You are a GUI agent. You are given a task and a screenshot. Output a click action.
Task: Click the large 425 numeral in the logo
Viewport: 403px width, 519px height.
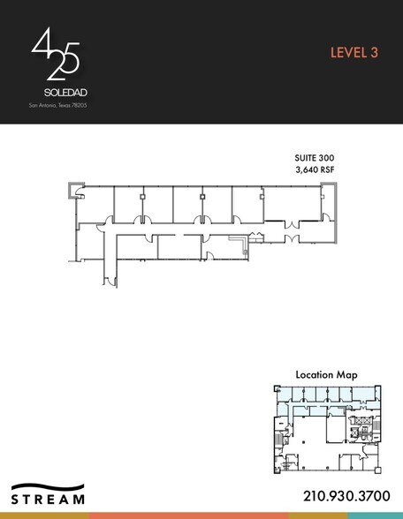click(56, 54)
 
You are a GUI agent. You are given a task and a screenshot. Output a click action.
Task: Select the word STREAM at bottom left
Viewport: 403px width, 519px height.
click(49, 500)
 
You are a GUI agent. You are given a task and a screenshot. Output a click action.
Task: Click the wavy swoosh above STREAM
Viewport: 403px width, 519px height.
click(49, 485)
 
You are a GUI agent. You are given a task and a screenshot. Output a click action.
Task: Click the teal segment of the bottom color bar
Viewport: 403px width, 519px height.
click(375, 515)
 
